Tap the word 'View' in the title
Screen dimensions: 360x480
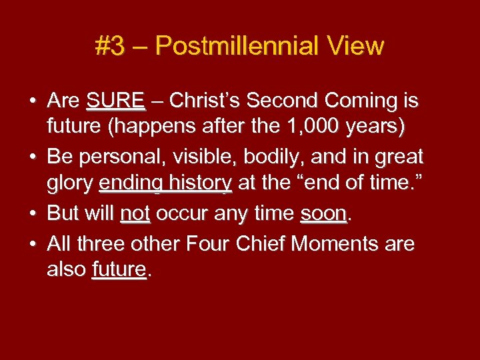coord(357,46)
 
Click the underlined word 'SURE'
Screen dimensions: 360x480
coord(115,101)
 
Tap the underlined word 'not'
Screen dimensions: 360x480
coord(135,213)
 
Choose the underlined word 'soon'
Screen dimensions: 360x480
coord(323,213)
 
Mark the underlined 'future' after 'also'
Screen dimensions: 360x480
coord(119,269)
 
